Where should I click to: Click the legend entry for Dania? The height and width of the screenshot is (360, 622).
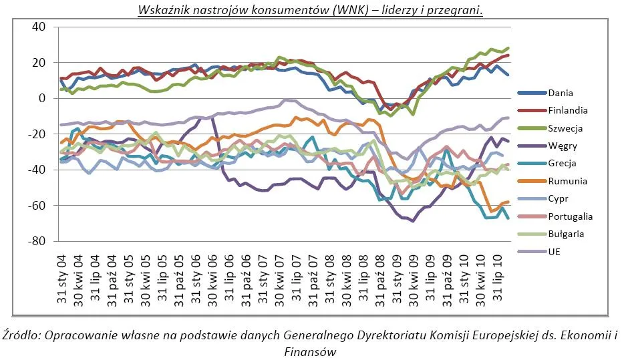click(561, 93)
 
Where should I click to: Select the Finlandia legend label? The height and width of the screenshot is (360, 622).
click(568, 111)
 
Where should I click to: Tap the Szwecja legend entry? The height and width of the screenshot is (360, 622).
click(565, 128)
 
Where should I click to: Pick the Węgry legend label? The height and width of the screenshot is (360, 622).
click(563, 146)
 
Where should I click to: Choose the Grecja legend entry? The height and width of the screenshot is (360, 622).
click(562, 164)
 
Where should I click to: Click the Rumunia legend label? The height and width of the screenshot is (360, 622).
click(568, 181)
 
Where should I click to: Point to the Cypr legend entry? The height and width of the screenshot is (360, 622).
click(558, 198)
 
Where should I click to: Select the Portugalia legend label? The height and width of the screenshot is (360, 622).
click(571, 216)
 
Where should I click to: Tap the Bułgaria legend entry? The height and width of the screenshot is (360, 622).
click(566, 234)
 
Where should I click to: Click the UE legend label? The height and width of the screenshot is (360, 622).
click(554, 252)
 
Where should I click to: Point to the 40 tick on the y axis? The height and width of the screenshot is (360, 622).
click(39, 27)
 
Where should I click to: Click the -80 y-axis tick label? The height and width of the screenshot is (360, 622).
click(36, 241)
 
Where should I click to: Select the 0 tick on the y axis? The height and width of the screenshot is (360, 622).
click(42, 98)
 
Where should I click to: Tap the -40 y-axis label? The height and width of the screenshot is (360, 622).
click(36, 170)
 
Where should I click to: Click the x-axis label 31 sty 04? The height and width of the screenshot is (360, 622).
click(62, 279)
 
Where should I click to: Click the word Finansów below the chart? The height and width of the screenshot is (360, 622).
click(310, 351)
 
